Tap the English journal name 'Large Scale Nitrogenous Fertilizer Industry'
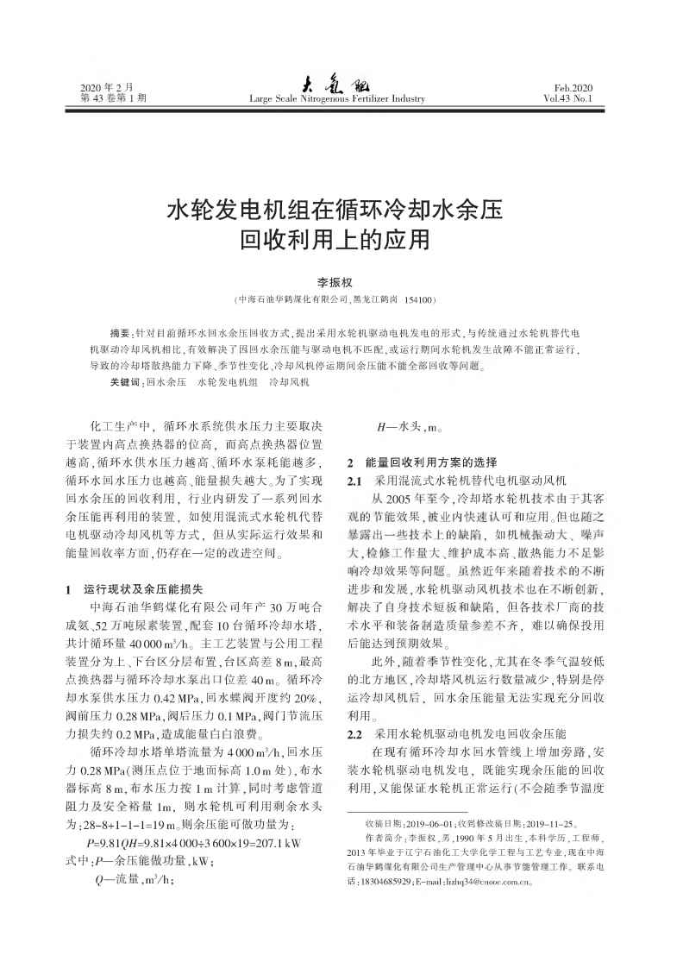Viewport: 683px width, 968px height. [x=337, y=99]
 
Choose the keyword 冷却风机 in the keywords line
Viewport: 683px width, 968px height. [x=289, y=380]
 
